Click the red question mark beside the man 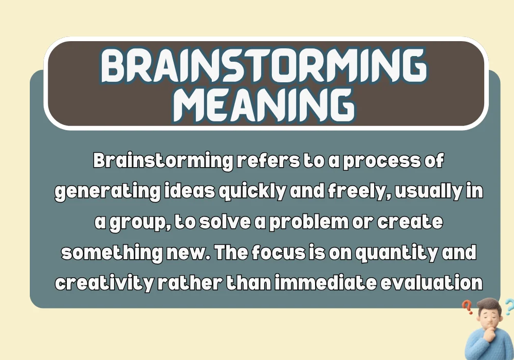coord(467,308)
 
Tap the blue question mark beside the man coord(508,307)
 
